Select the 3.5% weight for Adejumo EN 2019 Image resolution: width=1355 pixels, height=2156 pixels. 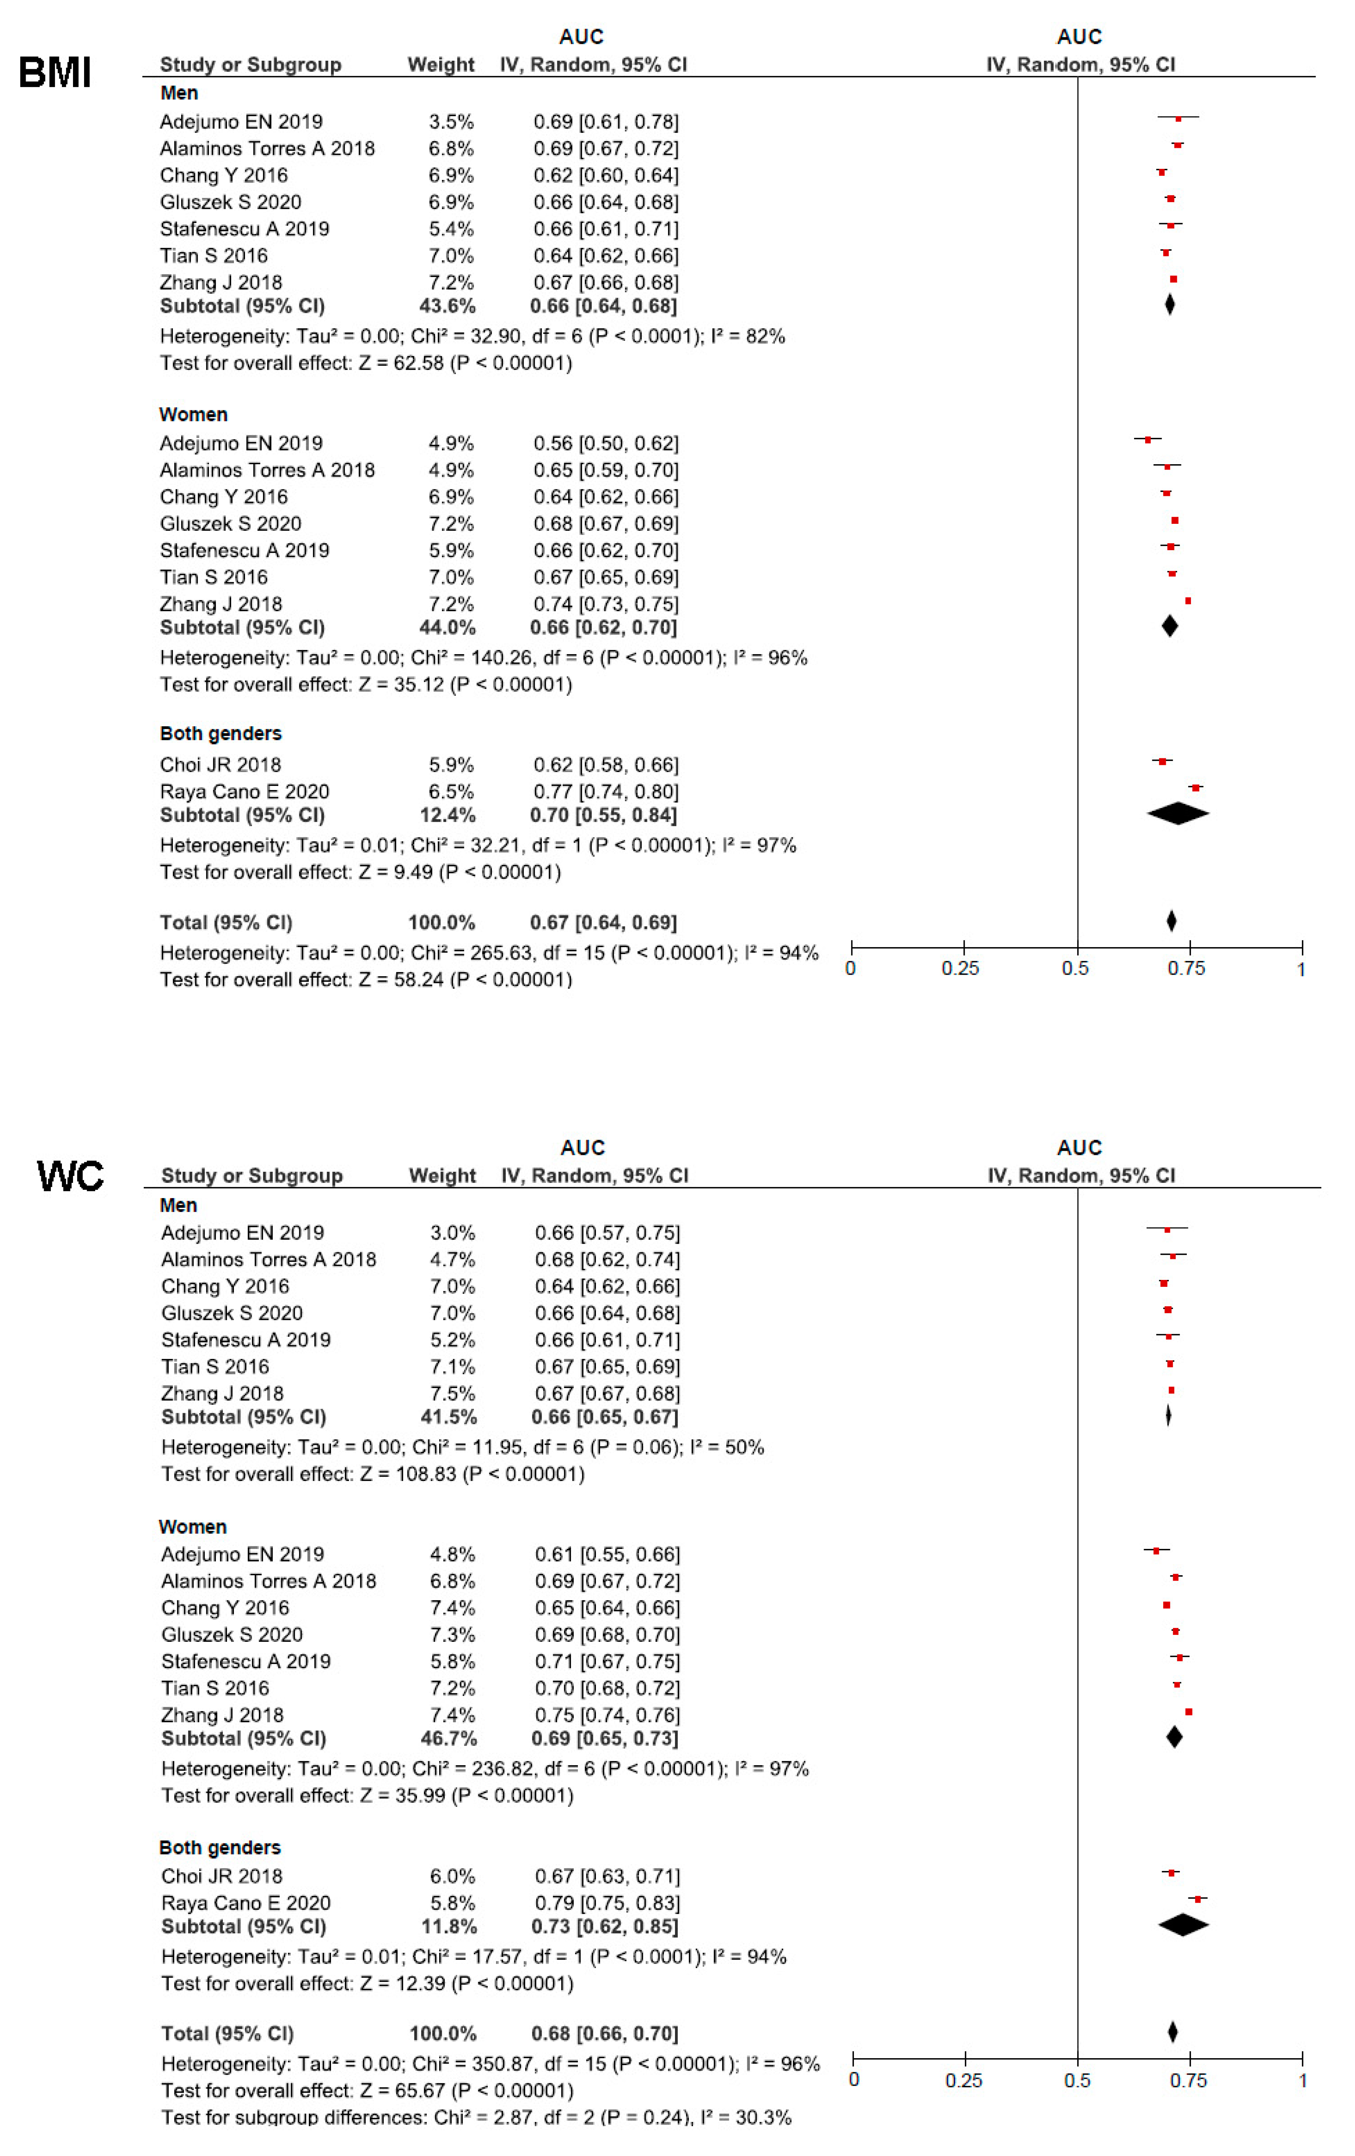(x=451, y=122)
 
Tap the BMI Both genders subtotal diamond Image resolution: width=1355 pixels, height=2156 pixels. (x=1178, y=813)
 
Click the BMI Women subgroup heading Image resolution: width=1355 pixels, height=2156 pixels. (x=193, y=415)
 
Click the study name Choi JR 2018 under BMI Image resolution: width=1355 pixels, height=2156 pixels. (x=220, y=765)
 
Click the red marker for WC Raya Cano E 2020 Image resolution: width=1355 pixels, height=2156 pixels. (x=1198, y=1898)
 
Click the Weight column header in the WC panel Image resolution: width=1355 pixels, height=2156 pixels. (x=442, y=1176)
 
